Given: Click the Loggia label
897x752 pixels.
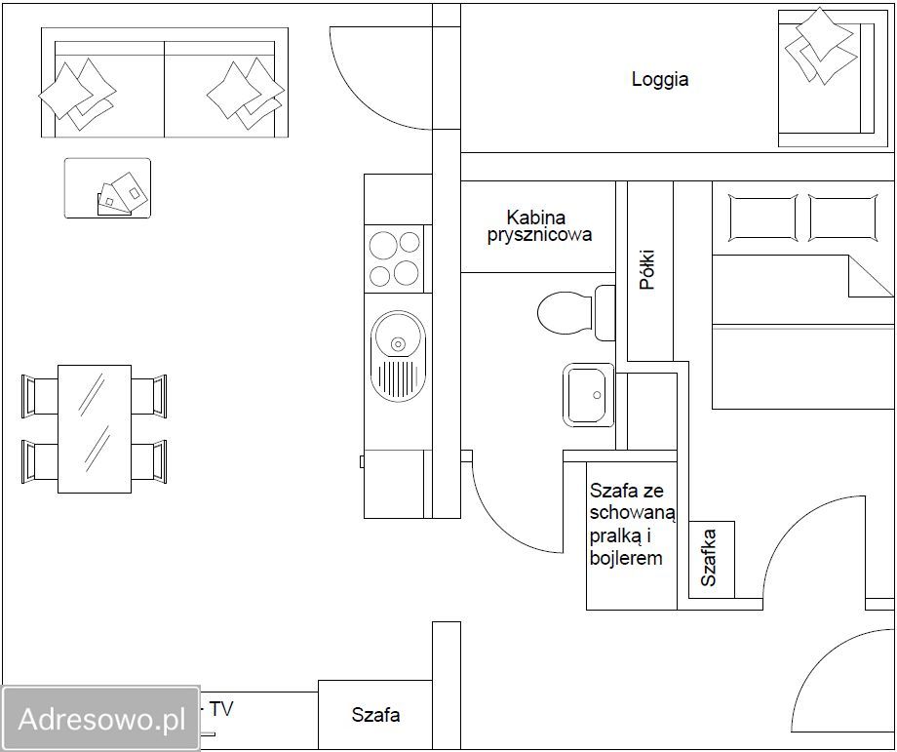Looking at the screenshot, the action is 660,79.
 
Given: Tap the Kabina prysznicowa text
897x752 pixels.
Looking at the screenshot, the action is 539,226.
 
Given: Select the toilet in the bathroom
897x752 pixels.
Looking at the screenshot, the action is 576,313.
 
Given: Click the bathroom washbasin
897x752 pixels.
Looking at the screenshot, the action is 588,395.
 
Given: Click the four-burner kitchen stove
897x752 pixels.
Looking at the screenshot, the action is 395,259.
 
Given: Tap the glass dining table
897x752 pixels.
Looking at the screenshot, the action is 95,428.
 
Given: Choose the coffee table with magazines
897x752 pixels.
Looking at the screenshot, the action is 107,188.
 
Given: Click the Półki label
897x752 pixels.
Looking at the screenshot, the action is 647,269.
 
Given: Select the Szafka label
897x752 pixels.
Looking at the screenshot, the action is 709,558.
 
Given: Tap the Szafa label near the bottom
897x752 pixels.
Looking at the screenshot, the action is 375,714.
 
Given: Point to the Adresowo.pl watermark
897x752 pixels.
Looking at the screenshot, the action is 101,718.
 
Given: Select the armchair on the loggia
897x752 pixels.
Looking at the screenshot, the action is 826,78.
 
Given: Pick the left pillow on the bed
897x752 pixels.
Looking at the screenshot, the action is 762,218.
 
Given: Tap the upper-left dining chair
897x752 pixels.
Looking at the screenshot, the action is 39,395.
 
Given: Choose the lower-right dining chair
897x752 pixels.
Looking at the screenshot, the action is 149,461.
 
